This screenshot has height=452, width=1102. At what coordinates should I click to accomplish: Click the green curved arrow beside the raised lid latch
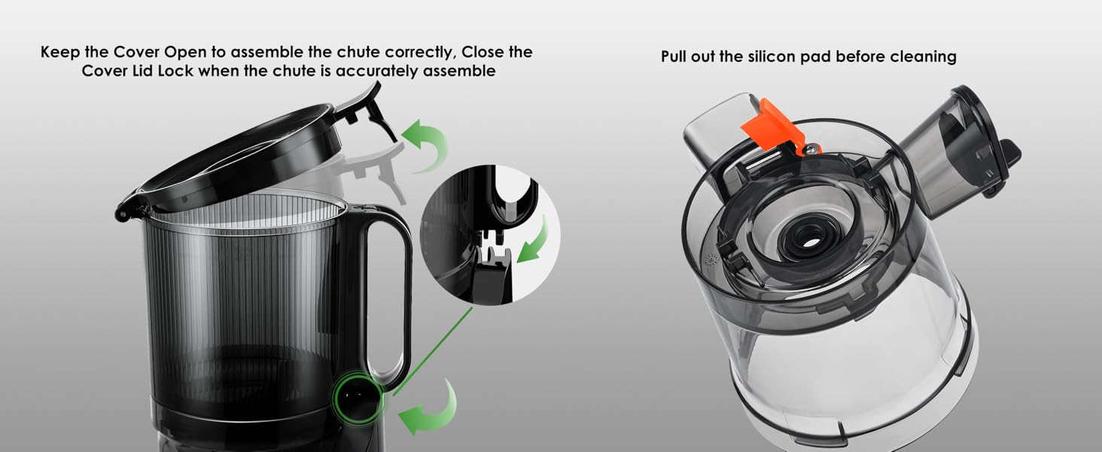pyautogui.click(x=427, y=143)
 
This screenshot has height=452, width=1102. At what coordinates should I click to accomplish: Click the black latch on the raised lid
pyautogui.click(x=370, y=111)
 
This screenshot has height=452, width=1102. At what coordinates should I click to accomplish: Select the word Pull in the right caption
pyautogui.click(x=674, y=56)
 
